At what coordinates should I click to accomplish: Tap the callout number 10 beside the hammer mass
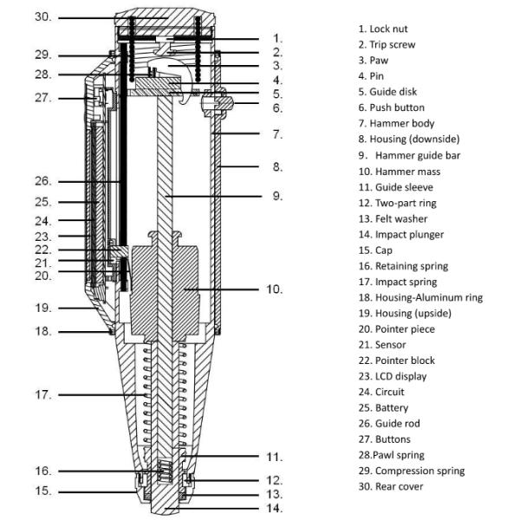276,289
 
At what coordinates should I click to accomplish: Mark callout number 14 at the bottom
276,508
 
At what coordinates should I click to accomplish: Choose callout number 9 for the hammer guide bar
276,196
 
